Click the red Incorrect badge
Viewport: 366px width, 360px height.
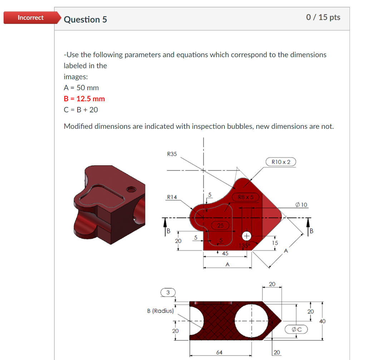(x=31, y=18)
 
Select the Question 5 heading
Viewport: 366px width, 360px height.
(x=85, y=19)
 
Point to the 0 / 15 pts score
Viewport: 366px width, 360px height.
(x=323, y=17)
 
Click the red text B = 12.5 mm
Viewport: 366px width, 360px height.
(x=84, y=99)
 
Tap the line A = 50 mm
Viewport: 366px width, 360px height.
(x=81, y=88)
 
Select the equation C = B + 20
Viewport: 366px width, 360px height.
(x=80, y=110)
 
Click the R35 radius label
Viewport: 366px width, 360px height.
(x=172, y=154)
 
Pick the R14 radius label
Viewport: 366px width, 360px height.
(x=172, y=197)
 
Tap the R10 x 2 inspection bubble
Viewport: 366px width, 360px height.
(x=281, y=162)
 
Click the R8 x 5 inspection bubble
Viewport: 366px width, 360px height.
(x=245, y=197)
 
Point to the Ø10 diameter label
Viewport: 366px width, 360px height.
(x=301, y=205)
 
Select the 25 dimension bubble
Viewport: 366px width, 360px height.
(x=221, y=225)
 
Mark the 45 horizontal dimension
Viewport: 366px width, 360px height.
(x=225, y=253)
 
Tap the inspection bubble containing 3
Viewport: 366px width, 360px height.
(x=168, y=292)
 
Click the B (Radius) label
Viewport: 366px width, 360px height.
(x=160, y=311)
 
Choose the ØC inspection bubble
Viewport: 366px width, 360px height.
(x=296, y=329)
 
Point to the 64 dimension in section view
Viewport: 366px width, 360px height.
(x=219, y=352)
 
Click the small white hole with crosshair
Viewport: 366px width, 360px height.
(x=246, y=236)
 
